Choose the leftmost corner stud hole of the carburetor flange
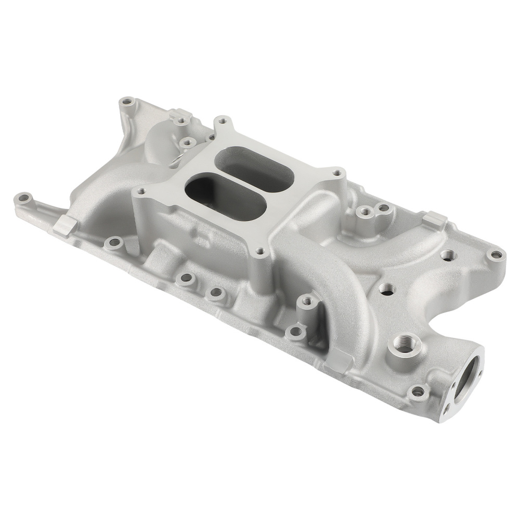tap(139, 191)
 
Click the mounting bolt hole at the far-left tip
tap(23, 198)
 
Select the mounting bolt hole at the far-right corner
tap(496, 255)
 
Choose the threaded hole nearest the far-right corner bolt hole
tap(447, 254)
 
